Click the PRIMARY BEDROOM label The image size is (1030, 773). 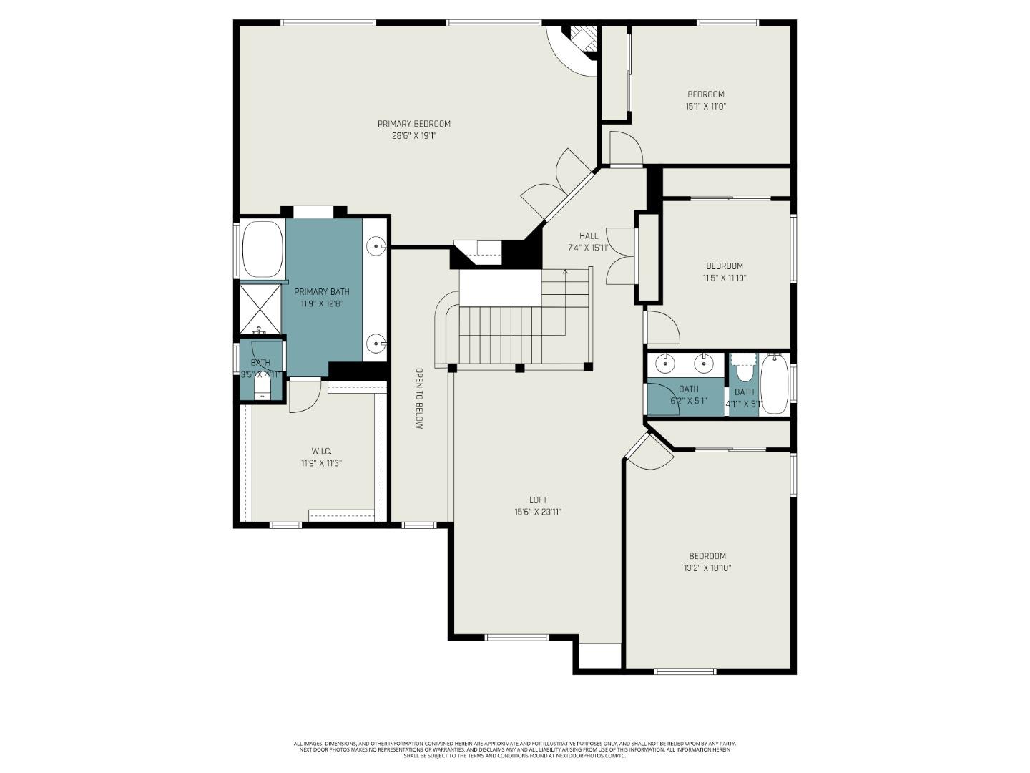click(x=413, y=124)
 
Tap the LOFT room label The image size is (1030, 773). click(x=538, y=500)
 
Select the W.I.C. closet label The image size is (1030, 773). click(x=321, y=451)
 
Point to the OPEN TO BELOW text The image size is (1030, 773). click(x=419, y=399)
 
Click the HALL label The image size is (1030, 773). click(x=589, y=235)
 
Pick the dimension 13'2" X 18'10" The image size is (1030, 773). click(x=707, y=568)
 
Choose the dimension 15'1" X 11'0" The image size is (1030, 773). click(x=706, y=106)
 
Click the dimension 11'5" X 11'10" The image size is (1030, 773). click(x=724, y=278)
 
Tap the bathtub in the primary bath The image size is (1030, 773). click(x=263, y=249)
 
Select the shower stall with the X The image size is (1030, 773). click(x=260, y=308)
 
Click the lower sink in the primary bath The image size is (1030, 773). click(x=376, y=344)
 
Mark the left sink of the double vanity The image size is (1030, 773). click(x=667, y=363)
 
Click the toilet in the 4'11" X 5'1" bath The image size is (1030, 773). click(x=745, y=371)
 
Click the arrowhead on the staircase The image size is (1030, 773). click(x=565, y=271)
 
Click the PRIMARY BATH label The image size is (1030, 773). click(x=322, y=291)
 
